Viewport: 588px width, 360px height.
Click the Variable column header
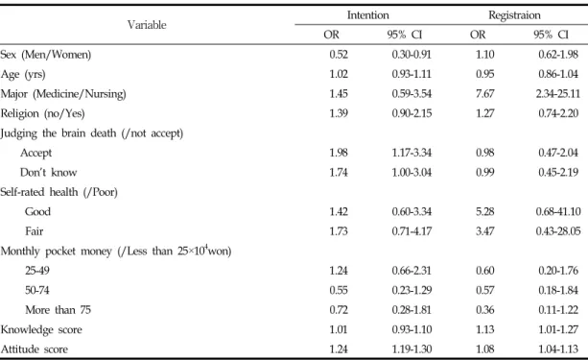(x=147, y=25)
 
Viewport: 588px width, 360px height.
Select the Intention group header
(x=368, y=15)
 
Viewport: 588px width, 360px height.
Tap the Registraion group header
(x=514, y=15)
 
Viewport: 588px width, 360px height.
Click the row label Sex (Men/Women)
(x=46, y=55)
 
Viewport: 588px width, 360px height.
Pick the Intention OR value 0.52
(x=339, y=55)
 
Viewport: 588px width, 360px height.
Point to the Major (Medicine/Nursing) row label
(x=63, y=94)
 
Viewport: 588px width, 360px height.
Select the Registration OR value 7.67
(x=484, y=93)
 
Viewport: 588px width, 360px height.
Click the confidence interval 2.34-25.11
(x=558, y=93)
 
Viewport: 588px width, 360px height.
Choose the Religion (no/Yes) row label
(x=42, y=113)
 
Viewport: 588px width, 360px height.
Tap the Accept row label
(x=36, y=153)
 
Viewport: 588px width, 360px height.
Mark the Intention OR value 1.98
(x=339, y=153)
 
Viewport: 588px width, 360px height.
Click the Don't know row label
(x=48, y=172)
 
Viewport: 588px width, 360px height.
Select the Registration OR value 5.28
(x=484, y=211)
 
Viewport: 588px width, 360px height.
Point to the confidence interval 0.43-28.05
(x=558, y=230)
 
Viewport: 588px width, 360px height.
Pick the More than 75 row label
(x=59, y=310)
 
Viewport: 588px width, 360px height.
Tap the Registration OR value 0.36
(x=484, y=310)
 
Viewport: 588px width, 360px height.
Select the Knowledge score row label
(x=41, y=329)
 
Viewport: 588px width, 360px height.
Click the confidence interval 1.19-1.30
(x=412, y=349)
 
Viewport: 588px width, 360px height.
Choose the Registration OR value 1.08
(x=484, y=349)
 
